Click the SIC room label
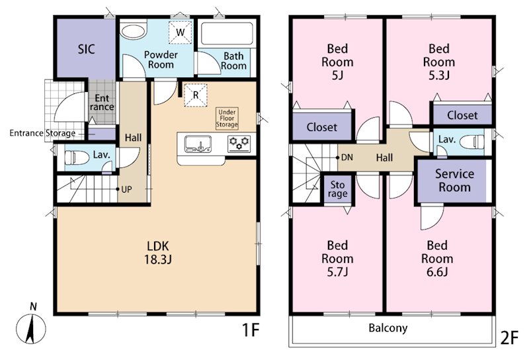(x=87, y=50)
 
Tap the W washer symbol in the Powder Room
(x=180, y=32)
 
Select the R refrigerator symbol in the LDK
(x=195, y=95)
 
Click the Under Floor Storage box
(x=227, y=118)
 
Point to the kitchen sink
(x=198, y=144)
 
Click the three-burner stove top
(x=239, y=143)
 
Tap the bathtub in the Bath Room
(x=227, y=34)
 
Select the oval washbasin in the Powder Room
(x=134, y=31)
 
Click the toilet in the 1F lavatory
(x=73, y=157)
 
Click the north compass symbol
(x=30, y=326)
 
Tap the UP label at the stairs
(x=126, y=189)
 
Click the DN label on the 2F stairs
(x=347, y=157)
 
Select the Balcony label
(x=388, y=328)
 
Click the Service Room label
(x=454, y=181)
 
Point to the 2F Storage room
(x=338, y=189)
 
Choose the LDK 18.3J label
(x=158, y=252)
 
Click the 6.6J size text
(x=437, y=272)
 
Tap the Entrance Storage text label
(x=42, y=133)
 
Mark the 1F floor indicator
(x=251, y=330)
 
